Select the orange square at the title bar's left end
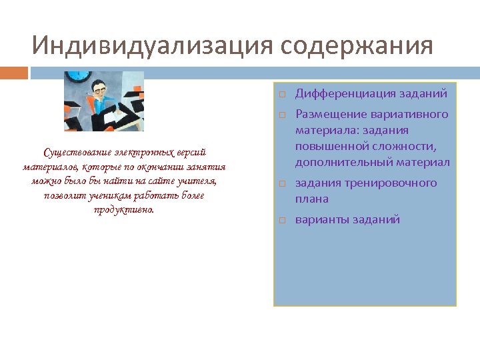click(x=13, y=72)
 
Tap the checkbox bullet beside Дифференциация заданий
click(x=282, y=95)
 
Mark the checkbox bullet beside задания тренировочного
click(x=282, y=184)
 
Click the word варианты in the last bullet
click(x=322, y=219)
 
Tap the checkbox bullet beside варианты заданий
click(x=282, y=220)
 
